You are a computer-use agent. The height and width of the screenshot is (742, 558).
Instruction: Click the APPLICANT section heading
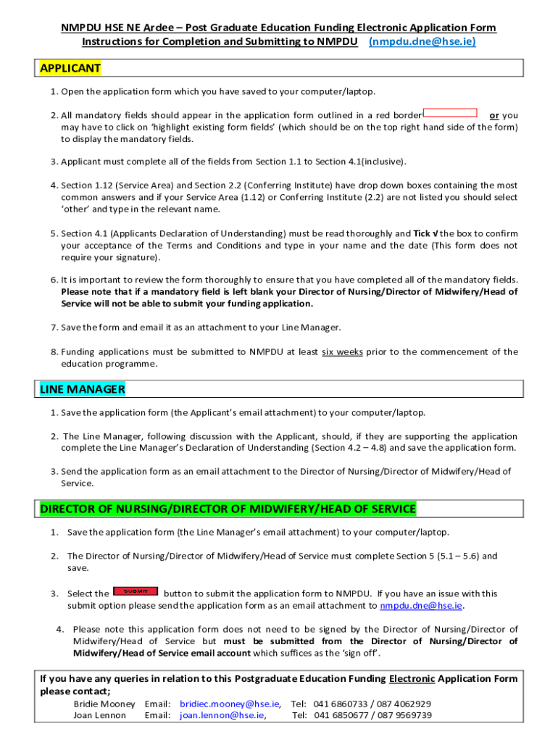point(70,69)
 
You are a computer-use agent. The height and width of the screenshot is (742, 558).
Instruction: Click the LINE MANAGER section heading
point(83,390)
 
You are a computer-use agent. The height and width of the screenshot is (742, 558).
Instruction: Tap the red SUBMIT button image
point(136,591)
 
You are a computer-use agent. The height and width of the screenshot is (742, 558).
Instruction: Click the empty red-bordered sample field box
point(450,113)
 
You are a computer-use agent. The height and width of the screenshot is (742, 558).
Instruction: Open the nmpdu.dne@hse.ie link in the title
point(422,41)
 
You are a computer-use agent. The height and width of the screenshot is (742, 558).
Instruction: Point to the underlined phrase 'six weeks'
point(342,352)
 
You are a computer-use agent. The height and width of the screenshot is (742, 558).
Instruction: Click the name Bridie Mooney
point(104,704)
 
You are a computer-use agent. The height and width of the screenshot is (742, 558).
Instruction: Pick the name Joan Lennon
point(99,715)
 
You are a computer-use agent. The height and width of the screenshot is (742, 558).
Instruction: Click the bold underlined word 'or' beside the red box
point(494,115)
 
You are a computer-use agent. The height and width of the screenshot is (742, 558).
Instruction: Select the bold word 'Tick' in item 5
point(422,233)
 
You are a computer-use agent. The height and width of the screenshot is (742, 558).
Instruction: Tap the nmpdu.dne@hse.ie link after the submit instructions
point(421,606)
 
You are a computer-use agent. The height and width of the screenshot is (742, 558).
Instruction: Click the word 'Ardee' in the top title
point(162,28)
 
